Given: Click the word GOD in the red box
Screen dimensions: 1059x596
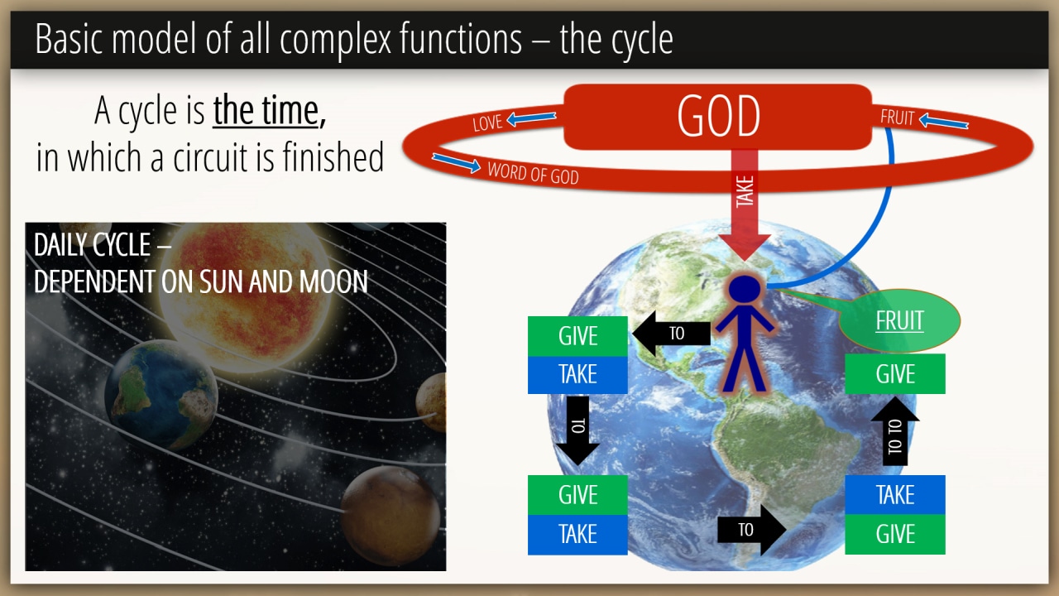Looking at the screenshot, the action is [718, 117].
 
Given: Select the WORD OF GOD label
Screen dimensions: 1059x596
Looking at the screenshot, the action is [534, 174].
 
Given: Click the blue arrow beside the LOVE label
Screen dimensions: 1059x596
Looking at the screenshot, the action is [531, 118].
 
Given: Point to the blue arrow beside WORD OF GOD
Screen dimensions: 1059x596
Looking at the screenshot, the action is [456, 163].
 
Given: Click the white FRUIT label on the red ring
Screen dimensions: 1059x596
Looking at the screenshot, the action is [898, 118].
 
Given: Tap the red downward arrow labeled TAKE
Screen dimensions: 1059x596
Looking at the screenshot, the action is [745, 204].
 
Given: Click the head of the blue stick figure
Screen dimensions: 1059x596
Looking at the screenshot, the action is [745, 289].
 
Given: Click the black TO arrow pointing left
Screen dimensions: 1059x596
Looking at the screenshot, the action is [671, 333].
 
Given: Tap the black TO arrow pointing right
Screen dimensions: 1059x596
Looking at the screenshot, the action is [752, 530].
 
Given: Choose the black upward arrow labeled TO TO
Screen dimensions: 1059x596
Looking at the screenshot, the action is [895, 431].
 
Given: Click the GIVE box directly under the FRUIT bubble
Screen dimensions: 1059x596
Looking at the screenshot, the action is [895, 373].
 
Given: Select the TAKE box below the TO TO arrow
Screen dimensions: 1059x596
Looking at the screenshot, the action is [895, 495].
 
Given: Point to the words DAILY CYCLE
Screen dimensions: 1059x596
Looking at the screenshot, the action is [92, 245].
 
